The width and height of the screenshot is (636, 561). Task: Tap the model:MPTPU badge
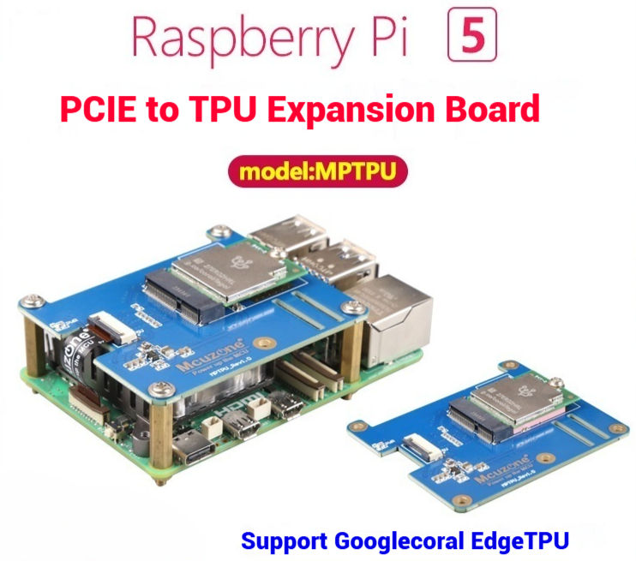tap(317, 171)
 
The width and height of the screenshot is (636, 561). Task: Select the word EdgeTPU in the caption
tap(526, 541)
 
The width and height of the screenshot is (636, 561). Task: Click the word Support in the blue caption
tap(283, 541)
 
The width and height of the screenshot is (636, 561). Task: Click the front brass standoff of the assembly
tap(160, 445)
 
